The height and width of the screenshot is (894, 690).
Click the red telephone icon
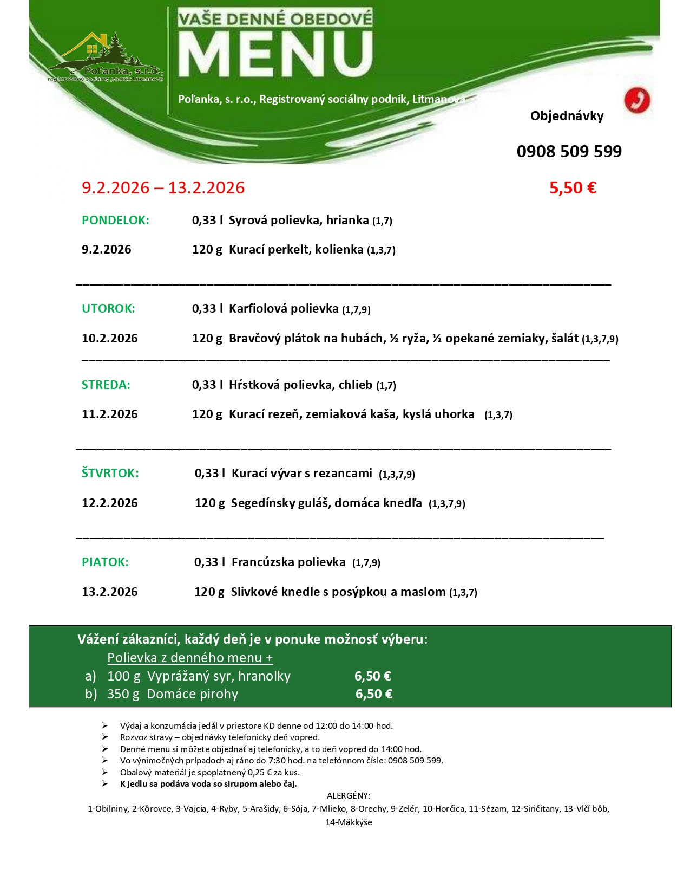pos(636,100)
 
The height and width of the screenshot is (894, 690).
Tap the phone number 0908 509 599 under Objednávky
pos(569,151)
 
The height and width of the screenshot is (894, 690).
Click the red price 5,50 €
pos(573,187)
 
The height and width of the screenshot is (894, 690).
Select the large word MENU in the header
pos(275,55)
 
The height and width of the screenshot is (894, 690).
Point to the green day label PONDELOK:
pos(115,220)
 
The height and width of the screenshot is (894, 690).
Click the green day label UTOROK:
pos(108,308)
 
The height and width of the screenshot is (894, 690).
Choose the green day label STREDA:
pos(106,385)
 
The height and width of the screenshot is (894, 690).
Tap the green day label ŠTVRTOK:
pos(110,473)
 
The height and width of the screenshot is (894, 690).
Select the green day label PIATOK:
pos(105,562)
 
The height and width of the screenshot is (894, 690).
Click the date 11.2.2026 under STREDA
pos(109,414)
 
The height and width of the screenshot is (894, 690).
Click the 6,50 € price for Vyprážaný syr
pos(372,676)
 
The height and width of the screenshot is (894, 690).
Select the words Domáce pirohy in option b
pos(192,694)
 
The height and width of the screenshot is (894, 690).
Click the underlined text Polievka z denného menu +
pos(190,657)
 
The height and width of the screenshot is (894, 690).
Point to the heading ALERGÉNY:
pos(349,795)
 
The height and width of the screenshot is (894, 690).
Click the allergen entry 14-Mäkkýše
pos(349,822)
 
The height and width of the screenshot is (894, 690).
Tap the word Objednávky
pos(567,115)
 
